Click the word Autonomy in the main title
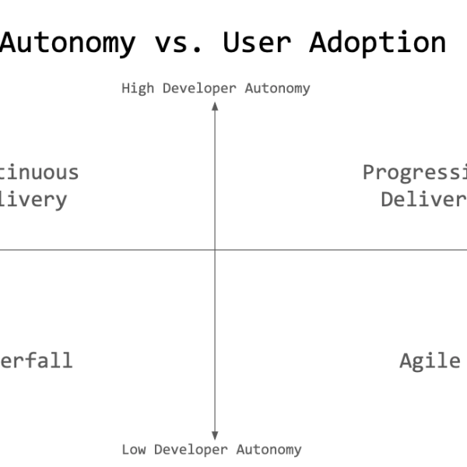click(x=68, y=41)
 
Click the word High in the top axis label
click(x=138, y=89)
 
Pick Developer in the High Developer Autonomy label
click(x=199, y=89)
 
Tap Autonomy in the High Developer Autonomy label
click(x=277, y=89)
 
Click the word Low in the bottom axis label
click(x=134, y=449)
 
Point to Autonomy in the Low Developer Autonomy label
click(x=269, y=449)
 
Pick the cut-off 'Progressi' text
click(x=415, y=172)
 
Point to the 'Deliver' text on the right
click(x=423, y=199)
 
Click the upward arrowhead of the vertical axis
click(x=215, y=107)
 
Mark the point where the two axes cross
click(x=215, y=250)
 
